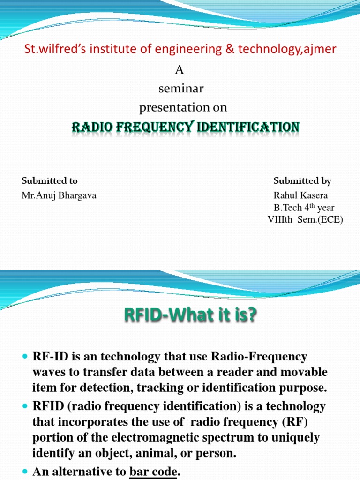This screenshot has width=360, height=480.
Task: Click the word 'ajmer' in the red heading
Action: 321,49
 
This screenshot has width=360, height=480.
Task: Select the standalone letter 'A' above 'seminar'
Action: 179,70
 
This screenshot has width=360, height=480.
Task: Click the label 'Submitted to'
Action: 50,181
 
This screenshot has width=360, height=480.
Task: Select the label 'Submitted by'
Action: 302,181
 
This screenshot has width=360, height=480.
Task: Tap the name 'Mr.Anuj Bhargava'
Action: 59,196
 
